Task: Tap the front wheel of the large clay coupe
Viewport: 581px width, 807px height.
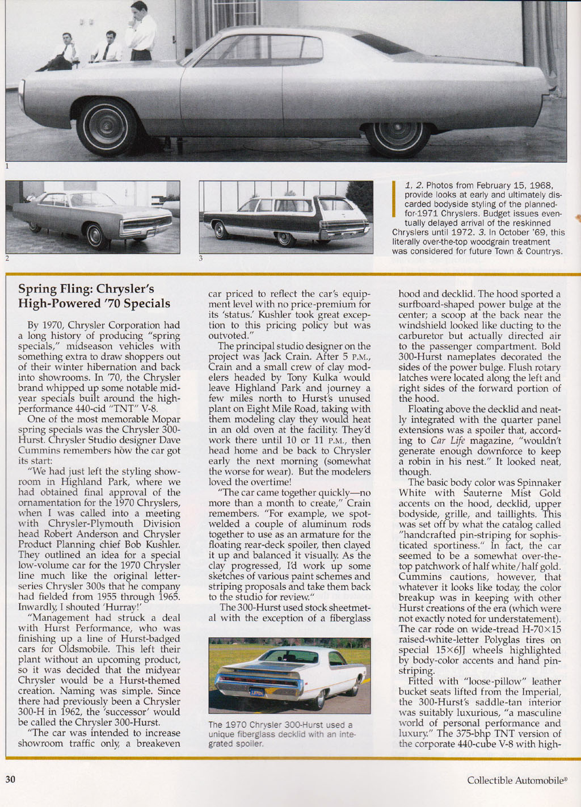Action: click(x=107, y=127)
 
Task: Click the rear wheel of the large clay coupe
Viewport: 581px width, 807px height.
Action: click(x=397, y=137)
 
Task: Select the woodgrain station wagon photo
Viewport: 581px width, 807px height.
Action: click(x=286, y=217)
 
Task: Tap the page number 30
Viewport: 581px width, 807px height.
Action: click(x=10, y=779)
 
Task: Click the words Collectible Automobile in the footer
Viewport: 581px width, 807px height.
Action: click(x=515, y=780)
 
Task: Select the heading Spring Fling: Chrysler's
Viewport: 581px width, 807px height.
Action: click(x=86, y=289)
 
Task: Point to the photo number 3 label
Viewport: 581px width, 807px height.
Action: click(x=200, y=259)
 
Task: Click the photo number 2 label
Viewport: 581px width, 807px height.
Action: click(x=7, y=259)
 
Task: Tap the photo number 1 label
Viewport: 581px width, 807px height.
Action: click(x=7, y=166)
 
